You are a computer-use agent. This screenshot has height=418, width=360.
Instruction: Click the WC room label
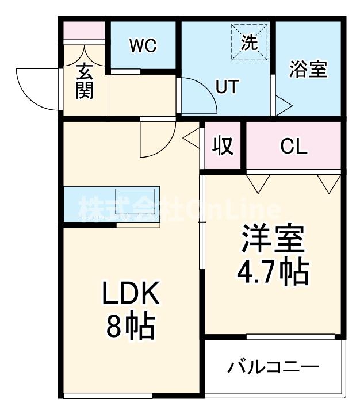coord(143,46)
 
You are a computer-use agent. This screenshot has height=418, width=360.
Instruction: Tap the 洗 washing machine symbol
coord(250,41)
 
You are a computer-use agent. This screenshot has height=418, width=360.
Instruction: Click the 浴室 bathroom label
coord(308,70)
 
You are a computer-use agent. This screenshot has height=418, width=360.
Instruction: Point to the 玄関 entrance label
coord(84,81)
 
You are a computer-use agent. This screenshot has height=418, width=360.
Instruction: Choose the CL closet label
coord(294,147)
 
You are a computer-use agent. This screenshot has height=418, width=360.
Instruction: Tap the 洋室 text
coord(272,240)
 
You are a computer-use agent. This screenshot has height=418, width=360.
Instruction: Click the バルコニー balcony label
coord(272,367)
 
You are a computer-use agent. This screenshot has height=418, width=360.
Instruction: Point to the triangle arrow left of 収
coord(190,137)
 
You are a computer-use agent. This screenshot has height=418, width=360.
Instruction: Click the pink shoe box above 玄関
coord(84,30)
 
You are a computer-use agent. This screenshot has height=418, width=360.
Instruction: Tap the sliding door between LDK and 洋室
coord(202,221)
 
